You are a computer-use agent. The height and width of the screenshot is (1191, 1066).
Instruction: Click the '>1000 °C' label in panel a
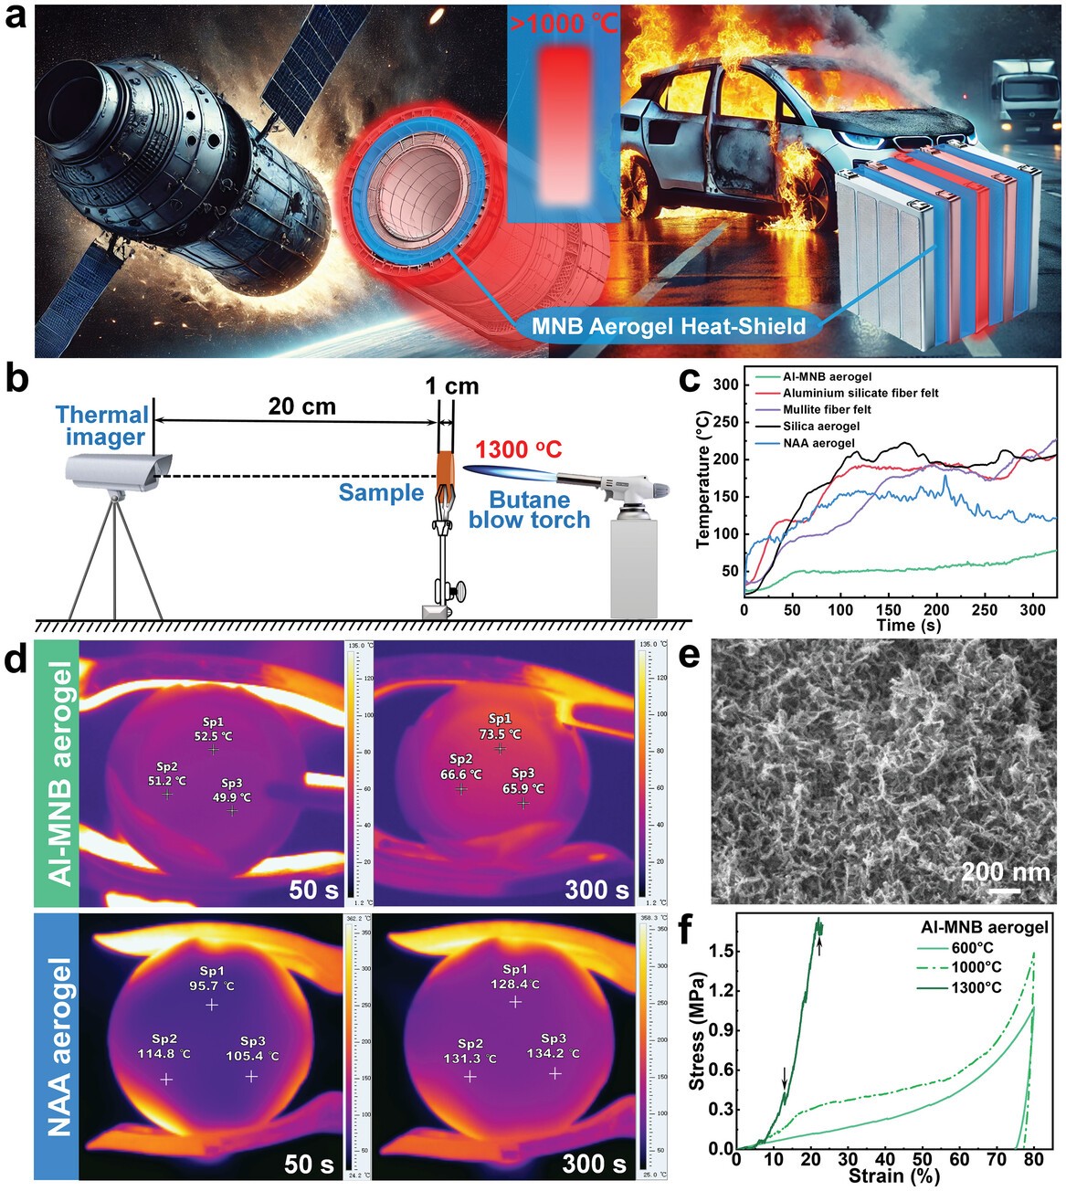(x=562, y=22)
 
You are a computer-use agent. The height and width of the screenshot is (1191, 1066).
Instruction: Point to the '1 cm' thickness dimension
(x=450, y=385)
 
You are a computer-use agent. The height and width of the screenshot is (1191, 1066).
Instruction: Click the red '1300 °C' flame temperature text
(x=518, y=449)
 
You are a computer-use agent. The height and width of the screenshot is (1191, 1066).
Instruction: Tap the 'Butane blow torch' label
(x=530, y=510)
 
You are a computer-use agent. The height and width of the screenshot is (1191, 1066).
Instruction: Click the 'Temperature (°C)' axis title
(x=703, y=478)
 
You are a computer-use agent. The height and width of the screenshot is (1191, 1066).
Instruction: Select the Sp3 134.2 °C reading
(x=554, y=1047)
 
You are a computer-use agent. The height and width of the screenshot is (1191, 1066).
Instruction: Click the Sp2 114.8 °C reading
(x=165, y=1047)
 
